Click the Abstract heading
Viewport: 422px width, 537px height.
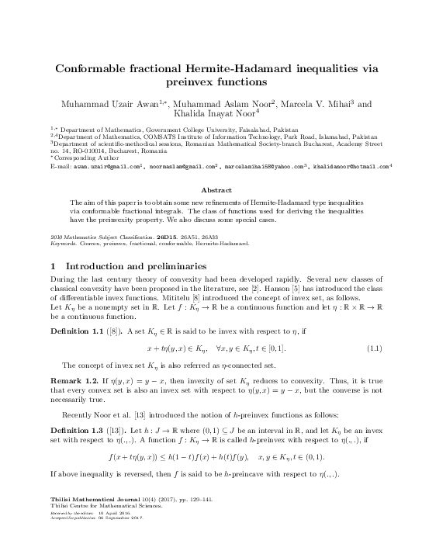[x=210, y=189]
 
